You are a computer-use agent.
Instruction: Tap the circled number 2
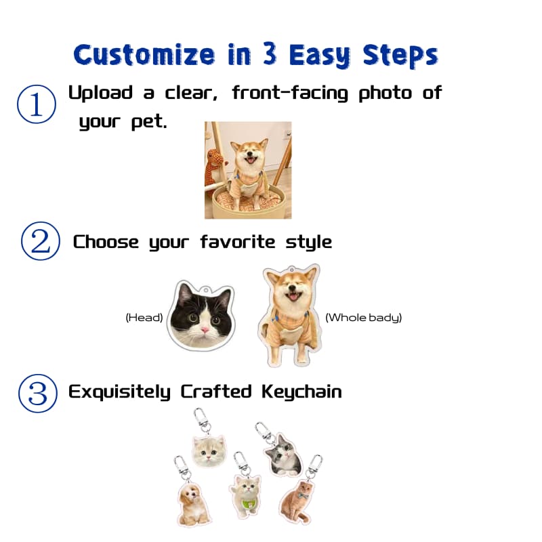click(41, 243)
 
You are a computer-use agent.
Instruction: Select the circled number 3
click(37, 393)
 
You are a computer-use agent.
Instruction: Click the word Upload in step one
click(100, 93)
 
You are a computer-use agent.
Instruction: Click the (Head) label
click(144, 317)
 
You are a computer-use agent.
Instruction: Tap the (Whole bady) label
click(364, 317)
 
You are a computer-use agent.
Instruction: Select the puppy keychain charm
click(194, 503)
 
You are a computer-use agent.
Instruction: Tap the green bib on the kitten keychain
click(249, 503)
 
